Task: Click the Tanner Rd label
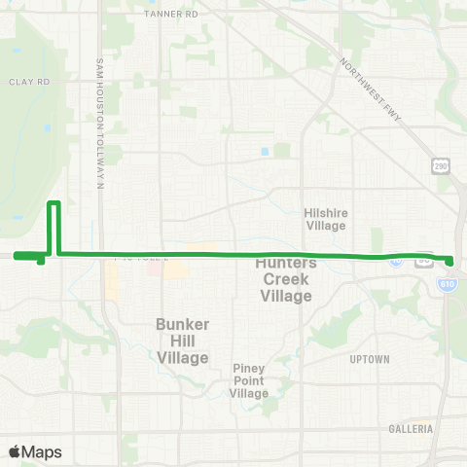coord(170,15)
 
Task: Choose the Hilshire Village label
coord(325,219)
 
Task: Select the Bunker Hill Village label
coord(183,341)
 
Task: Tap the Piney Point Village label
coord(250,380)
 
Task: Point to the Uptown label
coord(369,359)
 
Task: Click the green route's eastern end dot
coord(450,260)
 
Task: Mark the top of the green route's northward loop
coord(55,202)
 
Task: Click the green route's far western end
coord(16,256)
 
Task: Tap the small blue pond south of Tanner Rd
coord(265,151)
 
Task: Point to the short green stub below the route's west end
coord(40,261)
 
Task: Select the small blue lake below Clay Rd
coord(46,127)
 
